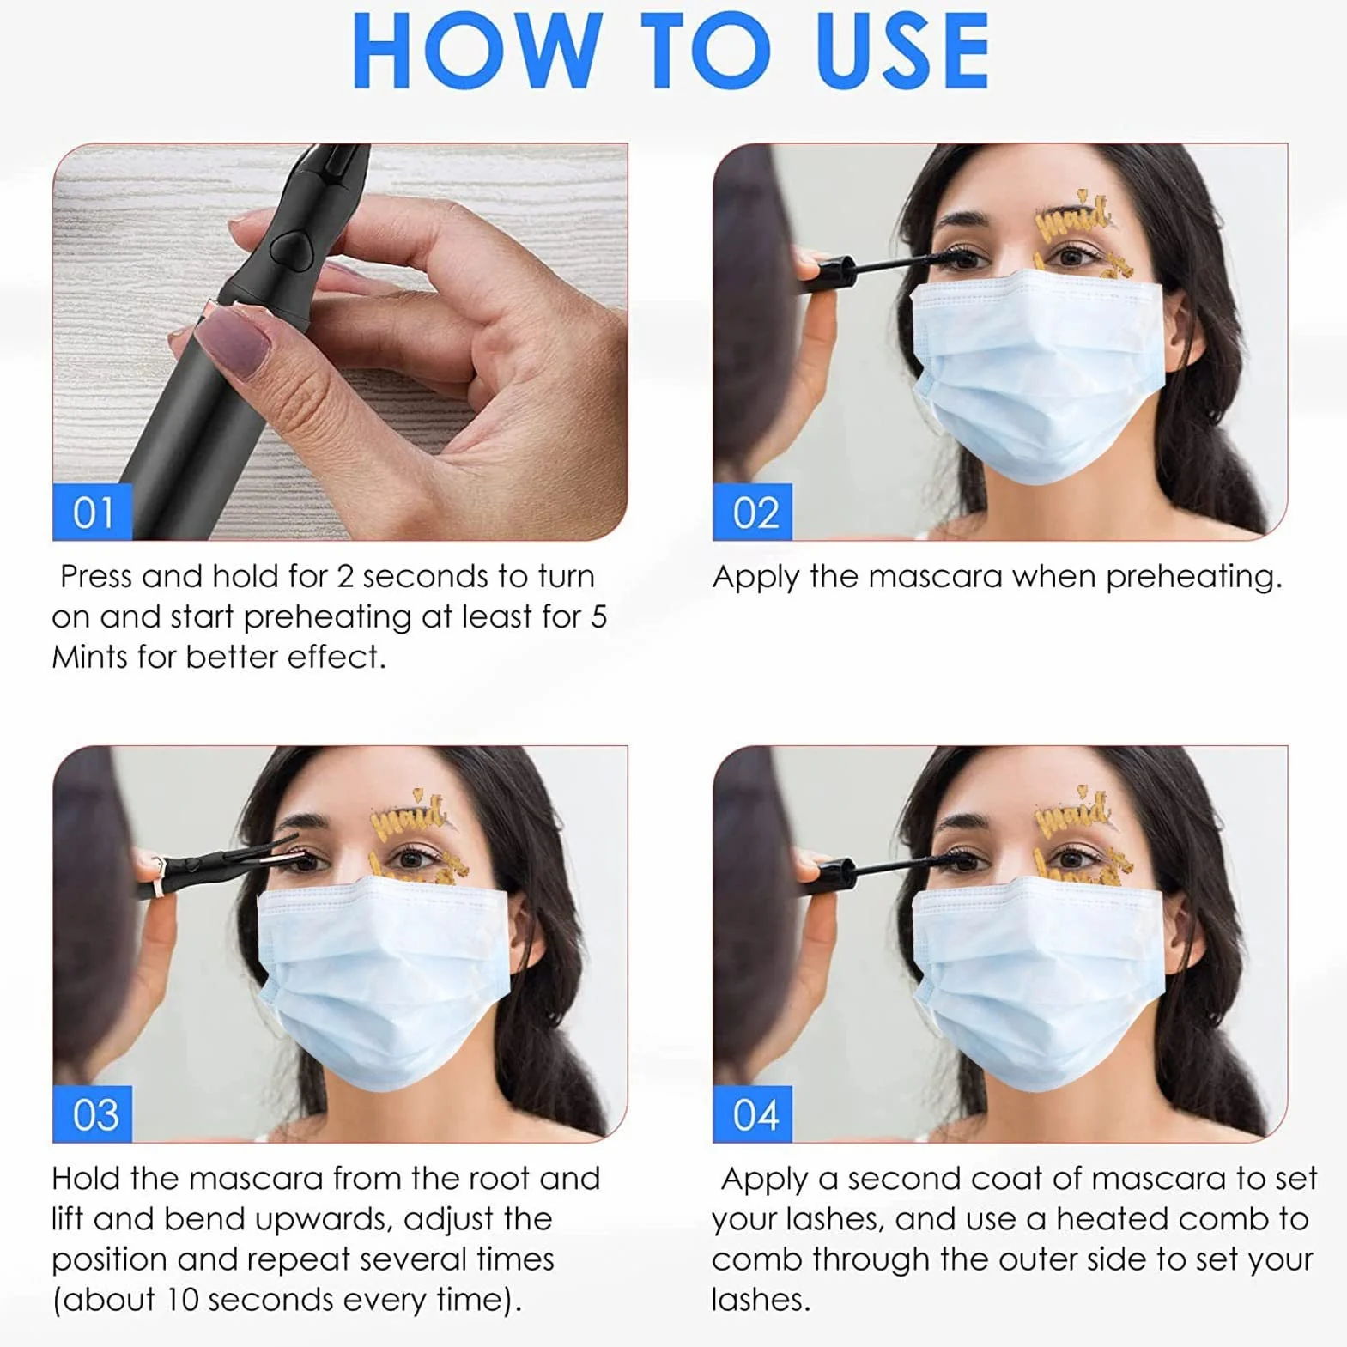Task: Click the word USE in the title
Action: [903, 51]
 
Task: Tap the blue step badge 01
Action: [93, 513]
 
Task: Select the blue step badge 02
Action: [753, 513]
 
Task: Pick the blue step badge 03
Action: [93, 1114]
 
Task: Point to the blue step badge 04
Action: [753, 1114]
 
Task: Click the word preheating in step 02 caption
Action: [1193, 577]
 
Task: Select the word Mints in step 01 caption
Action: [89, 658]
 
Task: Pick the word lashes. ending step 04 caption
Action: [761, 1300]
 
